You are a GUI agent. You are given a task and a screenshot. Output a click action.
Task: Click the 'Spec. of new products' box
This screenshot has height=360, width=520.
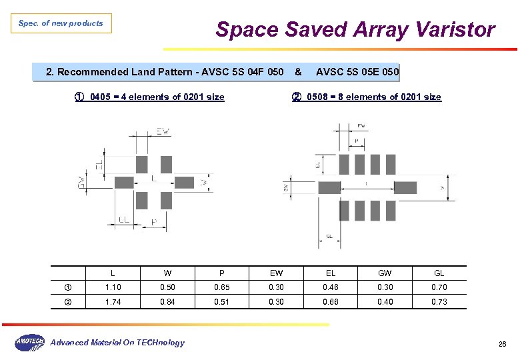click(x=61, y=23)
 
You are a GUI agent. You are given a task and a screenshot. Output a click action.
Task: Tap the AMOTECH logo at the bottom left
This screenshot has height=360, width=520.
click(x=29, y=342)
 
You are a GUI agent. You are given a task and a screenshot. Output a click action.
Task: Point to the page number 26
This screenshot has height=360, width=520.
click(x=503, y=344)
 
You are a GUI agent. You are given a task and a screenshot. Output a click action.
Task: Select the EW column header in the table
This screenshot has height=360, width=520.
click(x=276, y=273)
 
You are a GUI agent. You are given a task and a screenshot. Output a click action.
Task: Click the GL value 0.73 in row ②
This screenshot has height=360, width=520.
click(x=439, y=302)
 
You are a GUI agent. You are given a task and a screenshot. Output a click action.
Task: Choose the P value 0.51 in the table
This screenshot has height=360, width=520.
click(x=221, y=302)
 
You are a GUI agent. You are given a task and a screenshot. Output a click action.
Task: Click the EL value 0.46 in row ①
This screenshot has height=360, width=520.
click(x=331, y=287)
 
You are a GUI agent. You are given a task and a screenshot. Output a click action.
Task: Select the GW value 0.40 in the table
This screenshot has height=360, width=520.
click(x=385, y=302)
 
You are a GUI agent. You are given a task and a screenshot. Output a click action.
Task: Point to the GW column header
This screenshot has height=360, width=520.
click(x=385, y=273)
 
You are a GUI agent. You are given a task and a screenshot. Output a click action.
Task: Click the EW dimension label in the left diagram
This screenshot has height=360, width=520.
click(x=163, y=132)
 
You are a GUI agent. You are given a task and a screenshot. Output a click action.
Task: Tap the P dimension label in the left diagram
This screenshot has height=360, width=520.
click(x=155, y=222)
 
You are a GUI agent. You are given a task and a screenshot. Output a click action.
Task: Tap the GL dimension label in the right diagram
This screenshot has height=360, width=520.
click(x=329, y=236)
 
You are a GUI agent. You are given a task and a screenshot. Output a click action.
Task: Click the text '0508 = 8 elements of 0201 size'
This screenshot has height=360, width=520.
click(x=373, y=97)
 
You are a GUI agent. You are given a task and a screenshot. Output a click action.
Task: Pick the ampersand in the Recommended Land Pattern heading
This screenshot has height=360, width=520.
click(x=297, y=71)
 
